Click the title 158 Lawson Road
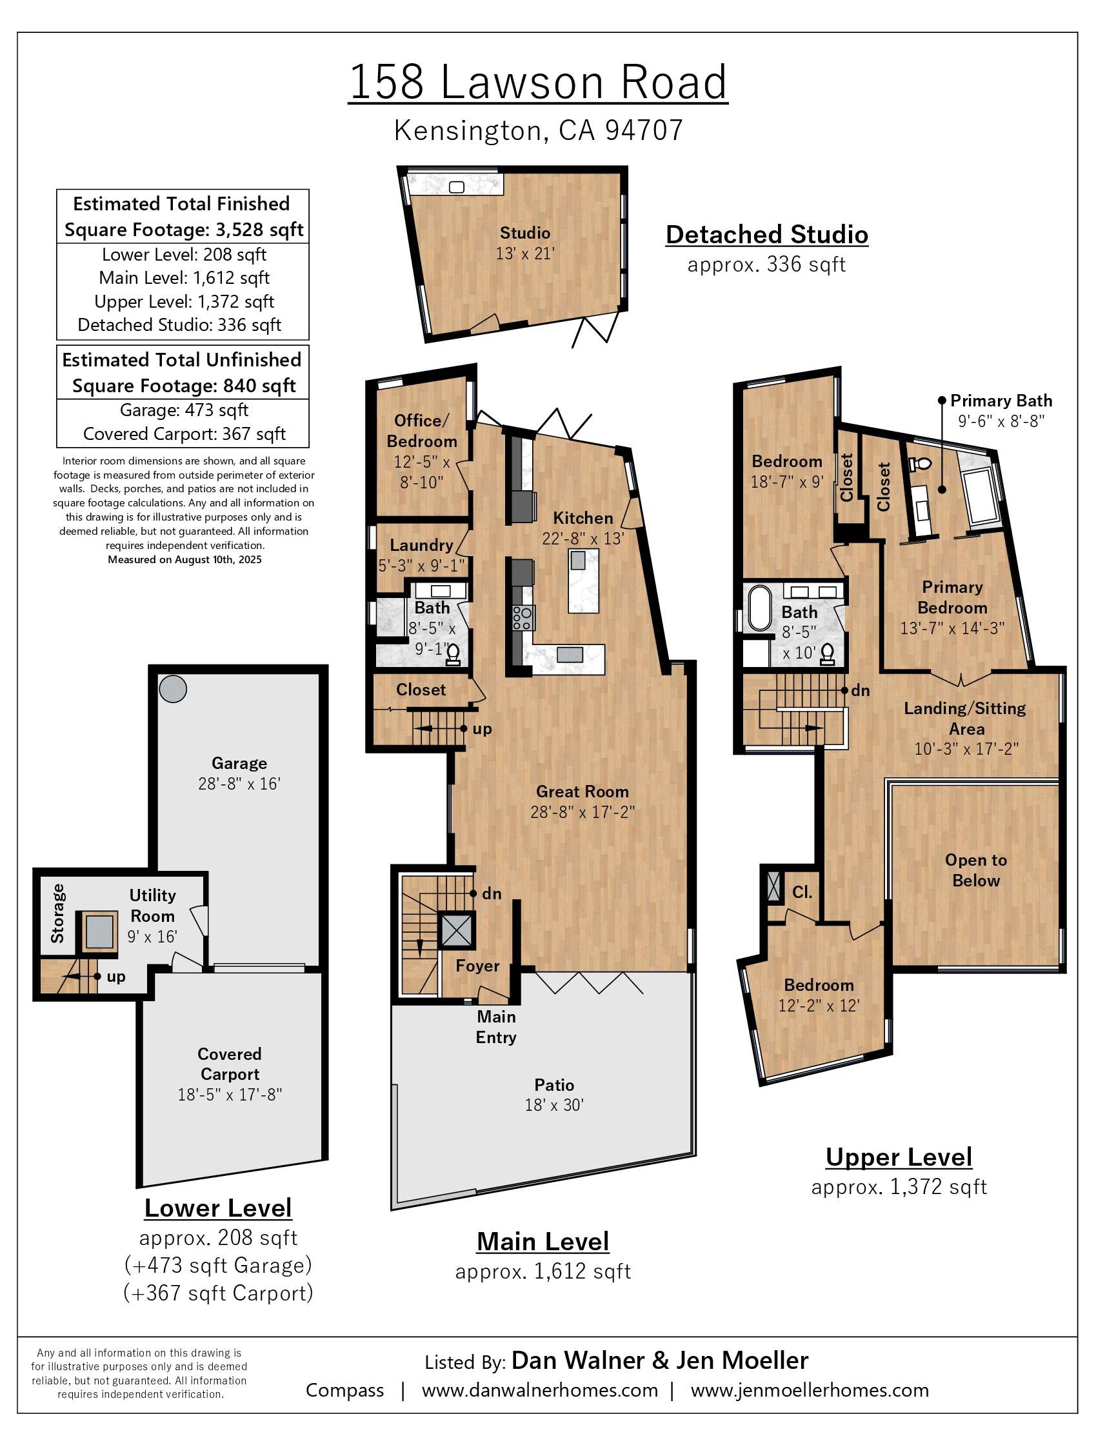tap(538, 83)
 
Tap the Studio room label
tap(525, 234)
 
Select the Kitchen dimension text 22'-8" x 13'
tap(583, 539)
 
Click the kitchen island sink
tap(577, 560)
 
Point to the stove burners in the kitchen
tap(523, 618)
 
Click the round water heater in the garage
tap(173, 689)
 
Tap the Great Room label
tap(583, 792)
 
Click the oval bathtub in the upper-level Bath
tap(760, 608)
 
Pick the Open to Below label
tap(976, 870)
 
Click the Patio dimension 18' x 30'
tap(555, 1105)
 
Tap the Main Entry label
tap(497, 1027)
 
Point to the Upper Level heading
tap(899, 1157)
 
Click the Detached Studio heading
tap(767, 235)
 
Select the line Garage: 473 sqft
tap(184, 410)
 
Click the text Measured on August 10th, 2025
tap(184, 559)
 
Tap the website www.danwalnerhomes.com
tap(539, 1391)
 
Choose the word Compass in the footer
tap(345, 1391)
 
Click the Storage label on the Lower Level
tap(57, 913)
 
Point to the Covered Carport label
tap(229, 1064)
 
